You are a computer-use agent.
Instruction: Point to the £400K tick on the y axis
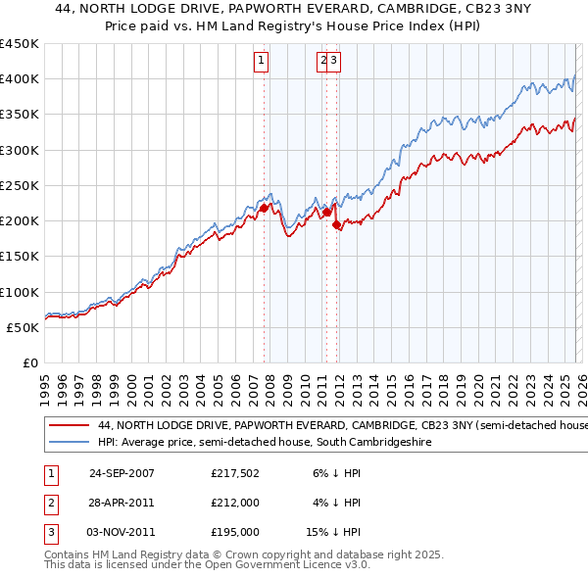pos(20,79)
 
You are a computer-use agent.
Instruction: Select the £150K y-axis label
pos(20,256)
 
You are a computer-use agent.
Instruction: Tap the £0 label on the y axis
pos(29,362)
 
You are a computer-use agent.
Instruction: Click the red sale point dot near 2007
pos(264,208)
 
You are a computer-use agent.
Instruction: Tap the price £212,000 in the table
pos(234,503)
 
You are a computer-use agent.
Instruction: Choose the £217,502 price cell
pos(234,472)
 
